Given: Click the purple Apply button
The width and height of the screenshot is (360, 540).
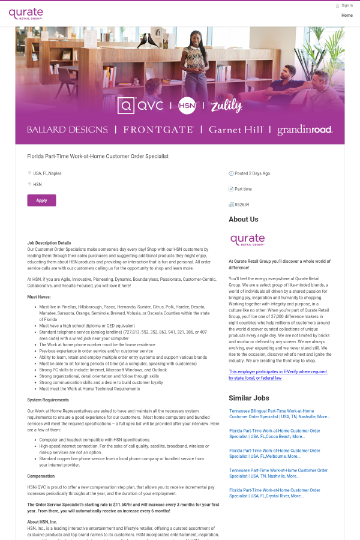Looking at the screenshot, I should pyautogui.click(x=41, y=200).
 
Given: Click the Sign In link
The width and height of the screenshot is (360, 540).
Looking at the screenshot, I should pyautogui.click(x=347, y=5).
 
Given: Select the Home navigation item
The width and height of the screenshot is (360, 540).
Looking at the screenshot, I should pyautogui.click(x=347, y=15).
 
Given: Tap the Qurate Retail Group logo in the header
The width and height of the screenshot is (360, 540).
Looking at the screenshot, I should pyautogui.click(x=26, y=13).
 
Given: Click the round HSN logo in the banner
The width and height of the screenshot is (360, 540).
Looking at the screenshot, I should pyautogui.click(x=187, y=106).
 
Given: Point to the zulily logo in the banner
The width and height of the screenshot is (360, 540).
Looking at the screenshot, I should pyautogui.click(x=226, y=106).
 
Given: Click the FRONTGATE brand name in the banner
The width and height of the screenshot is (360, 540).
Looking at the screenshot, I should pyautogui.click(x=158, y=130).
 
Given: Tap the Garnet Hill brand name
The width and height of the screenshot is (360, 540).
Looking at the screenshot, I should pyautogui.click(x=235, y=130).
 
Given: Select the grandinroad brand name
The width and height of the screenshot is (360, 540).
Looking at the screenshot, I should pyautogui.click(x=305, y=130).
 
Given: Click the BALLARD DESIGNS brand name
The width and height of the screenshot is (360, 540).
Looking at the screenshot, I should pyautogui.click(x=67, y=130).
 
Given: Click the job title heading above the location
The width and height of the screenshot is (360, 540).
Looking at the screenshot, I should pyautogui.click(x=98, y=156).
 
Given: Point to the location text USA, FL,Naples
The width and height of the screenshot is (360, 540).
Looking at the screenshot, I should pyautogui.click(x=47, y=173).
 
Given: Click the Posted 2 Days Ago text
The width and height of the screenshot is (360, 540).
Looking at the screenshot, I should pyautogui.click(x=252, y=173).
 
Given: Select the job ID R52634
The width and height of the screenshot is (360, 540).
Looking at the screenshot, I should pyautogui.click(x=242, y=205).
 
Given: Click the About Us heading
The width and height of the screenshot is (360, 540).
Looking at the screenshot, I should pyautogui.click(x=244, y=220).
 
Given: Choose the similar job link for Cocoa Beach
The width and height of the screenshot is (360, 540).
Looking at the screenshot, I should pyautogui.click(x=274, y=433).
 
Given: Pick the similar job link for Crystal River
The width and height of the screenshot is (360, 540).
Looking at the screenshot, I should pyautogui.click(x=274, y=493).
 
